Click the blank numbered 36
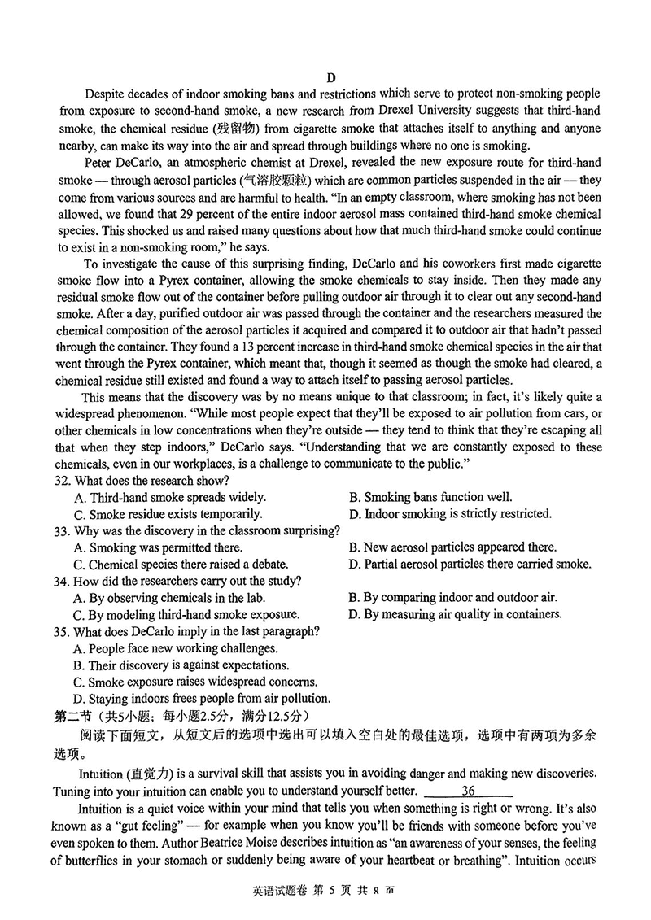[x=468, y=791]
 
